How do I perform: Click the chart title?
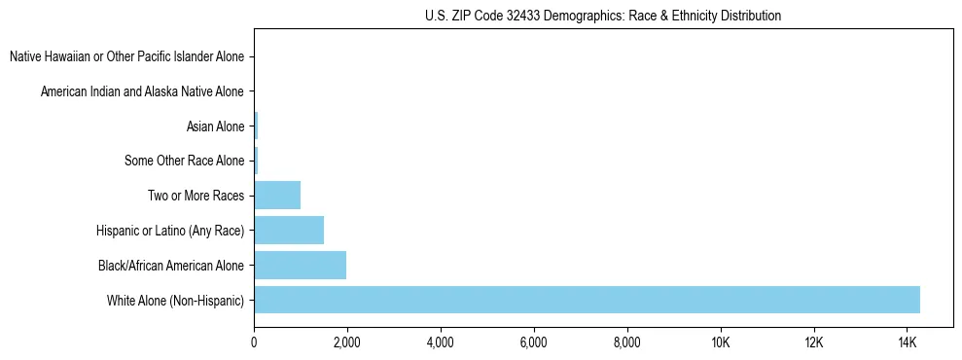tap(603, 17)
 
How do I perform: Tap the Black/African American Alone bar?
tap(300, 265)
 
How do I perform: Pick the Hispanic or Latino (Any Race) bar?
tap(289, 230)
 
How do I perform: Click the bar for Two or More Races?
tap(277, 195)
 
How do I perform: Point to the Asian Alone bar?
tap(256, 126)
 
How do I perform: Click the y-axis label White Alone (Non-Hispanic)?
tap(175, 300)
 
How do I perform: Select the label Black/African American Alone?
tap(171, 265)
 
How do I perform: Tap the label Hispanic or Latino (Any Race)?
tap(170, 230)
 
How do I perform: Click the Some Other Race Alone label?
tap(185, 161)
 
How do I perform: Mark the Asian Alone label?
tap(215, 126)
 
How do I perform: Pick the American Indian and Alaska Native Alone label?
tap(142, 91)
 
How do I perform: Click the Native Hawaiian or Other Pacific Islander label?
tap(126, 56)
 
